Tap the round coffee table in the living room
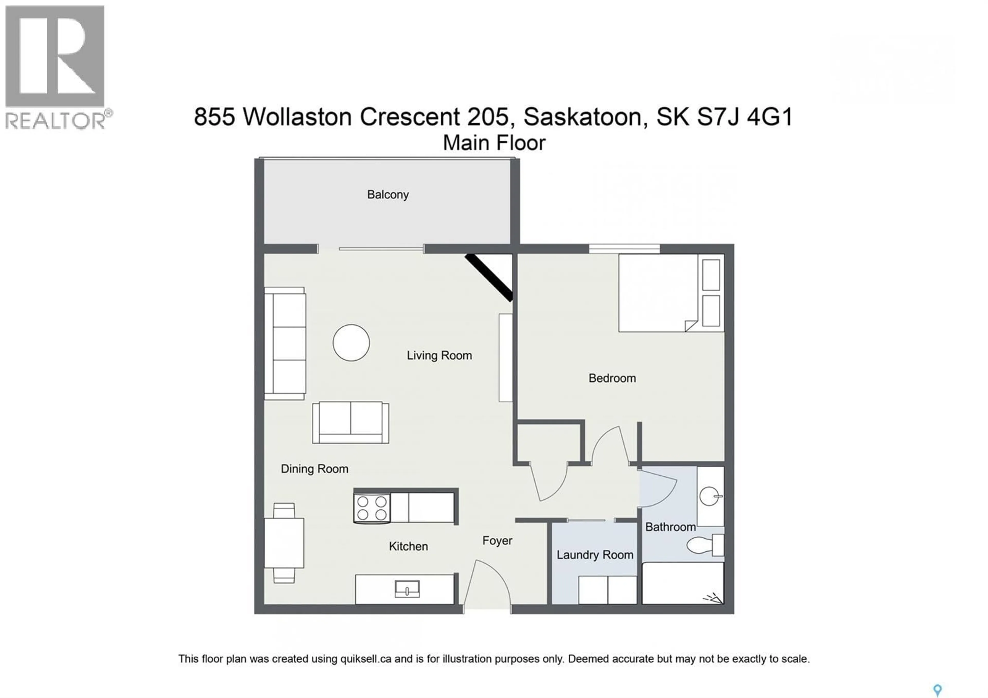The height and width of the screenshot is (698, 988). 351,343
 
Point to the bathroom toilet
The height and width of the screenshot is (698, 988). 701,545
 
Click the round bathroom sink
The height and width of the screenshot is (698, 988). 709,496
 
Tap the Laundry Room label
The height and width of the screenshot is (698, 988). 595,555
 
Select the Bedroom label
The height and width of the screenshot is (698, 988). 612,378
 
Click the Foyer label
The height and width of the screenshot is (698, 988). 497,540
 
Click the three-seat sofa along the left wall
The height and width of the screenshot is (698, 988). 285,343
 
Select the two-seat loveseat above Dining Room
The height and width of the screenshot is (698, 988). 350,423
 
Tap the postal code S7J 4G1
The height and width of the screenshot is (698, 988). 744,117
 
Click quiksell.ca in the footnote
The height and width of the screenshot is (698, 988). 365,659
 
